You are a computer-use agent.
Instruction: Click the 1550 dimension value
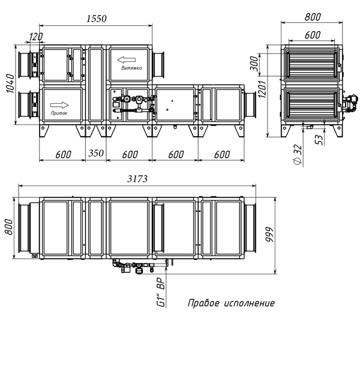(95, 19)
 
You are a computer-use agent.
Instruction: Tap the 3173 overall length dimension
(137, 179)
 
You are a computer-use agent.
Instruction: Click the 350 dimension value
(97, 154)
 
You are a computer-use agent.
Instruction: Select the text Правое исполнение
(231, 303)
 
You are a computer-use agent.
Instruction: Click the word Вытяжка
(131, 69)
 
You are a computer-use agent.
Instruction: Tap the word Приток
(60, 112)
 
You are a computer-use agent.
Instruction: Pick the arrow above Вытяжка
(127, 59)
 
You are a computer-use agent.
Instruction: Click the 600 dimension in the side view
(312, 35)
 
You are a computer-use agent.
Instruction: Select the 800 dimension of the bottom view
(9, 226)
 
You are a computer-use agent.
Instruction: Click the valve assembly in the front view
(130, 103)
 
